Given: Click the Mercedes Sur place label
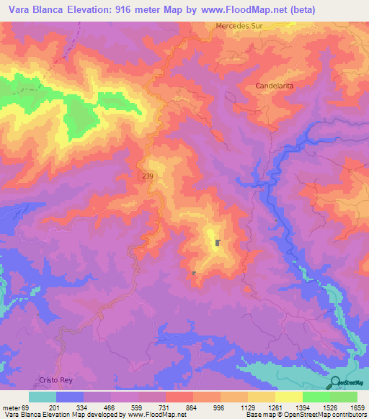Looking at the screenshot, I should point(239,27).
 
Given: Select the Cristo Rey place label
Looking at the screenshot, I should point(56,379).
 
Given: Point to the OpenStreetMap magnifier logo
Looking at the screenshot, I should point(335,382).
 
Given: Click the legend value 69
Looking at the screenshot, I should point(29,407).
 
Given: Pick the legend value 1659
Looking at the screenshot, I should point(348,407).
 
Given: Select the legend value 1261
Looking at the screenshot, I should point(266,407).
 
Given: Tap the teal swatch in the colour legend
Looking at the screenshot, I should point(43,397).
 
